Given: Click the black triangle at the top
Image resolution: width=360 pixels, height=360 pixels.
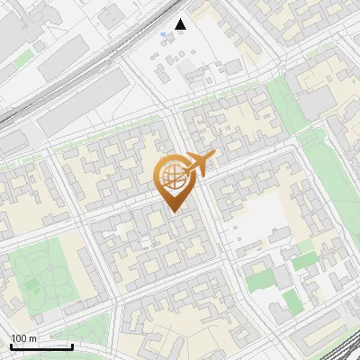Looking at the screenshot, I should pos(181,24).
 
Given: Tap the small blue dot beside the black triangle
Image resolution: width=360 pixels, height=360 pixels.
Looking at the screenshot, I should pos(163,34).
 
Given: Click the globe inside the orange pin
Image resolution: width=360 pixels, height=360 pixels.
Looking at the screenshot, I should pos(172,175).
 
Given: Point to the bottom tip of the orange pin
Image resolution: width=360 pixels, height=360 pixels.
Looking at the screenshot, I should pos(174,211).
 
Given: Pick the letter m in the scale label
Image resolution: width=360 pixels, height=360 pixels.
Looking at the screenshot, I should pos(33,338).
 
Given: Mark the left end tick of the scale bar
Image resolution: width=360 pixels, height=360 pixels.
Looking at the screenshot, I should pos(11,346).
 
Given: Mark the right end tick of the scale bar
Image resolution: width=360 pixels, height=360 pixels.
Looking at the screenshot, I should pos(72,346).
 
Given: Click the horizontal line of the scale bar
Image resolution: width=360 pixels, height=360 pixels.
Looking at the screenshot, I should pos(41,346).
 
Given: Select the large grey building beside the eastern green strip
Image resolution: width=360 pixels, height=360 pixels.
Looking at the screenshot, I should pos(315,103).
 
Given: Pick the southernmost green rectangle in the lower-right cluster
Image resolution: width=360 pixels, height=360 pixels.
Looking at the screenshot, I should pos(289,300).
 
